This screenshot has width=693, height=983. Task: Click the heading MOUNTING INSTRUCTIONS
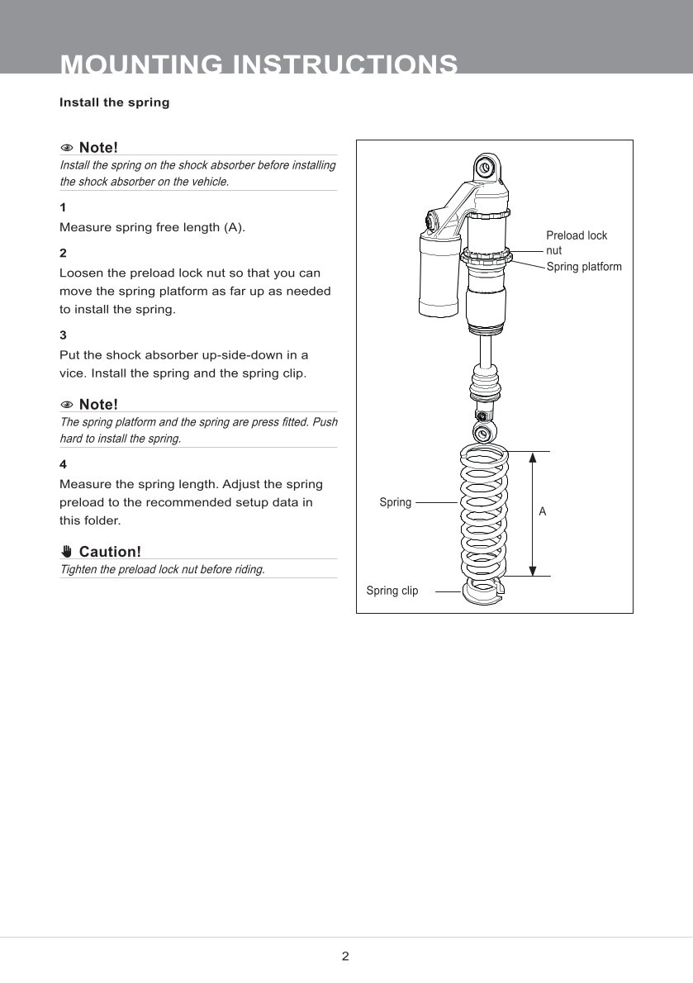click(x=259, y=64)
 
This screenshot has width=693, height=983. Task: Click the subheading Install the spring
click(x=114, y=103)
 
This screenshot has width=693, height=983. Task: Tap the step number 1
click(x=63, y=207)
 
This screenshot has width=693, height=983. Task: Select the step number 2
click(x=63, y=253)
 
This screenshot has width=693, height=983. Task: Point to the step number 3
click(x=63, y=335)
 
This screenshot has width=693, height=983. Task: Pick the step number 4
click(x=63, y=464)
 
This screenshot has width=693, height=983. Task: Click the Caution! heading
click(x=110, y=552)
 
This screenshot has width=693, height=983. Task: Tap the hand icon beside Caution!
click(x=67, y=552)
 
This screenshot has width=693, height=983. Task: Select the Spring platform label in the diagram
click(x=584, y=267)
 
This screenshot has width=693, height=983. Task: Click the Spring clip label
click(x=392, y=591)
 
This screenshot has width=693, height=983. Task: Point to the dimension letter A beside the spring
click(x=543, y=512)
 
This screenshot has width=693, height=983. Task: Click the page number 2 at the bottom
click(x=345, y=957)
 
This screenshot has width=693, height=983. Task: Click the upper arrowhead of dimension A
click(x=533, y=458)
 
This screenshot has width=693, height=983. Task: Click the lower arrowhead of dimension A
click(x=533, y=569)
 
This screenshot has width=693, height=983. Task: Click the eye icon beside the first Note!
click(x=67, y=148)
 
